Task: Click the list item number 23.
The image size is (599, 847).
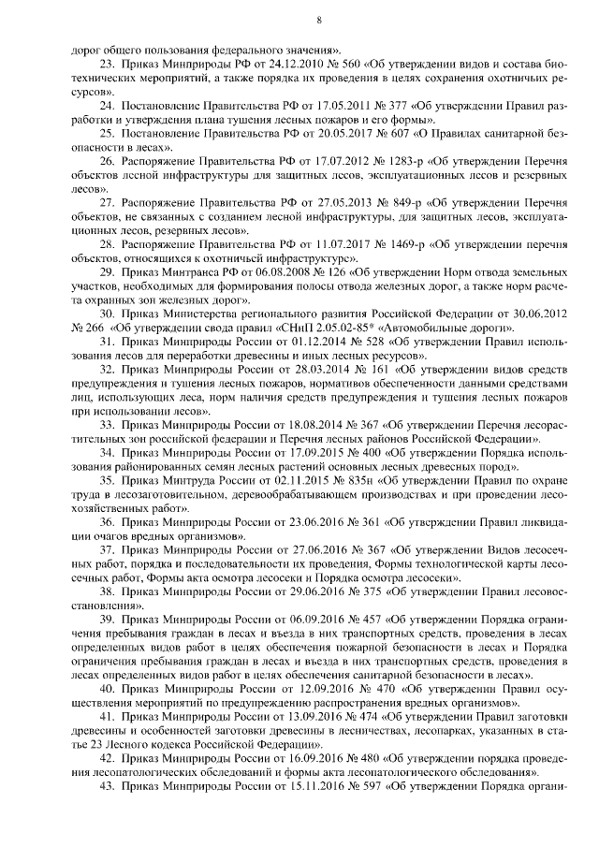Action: [105, 64]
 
